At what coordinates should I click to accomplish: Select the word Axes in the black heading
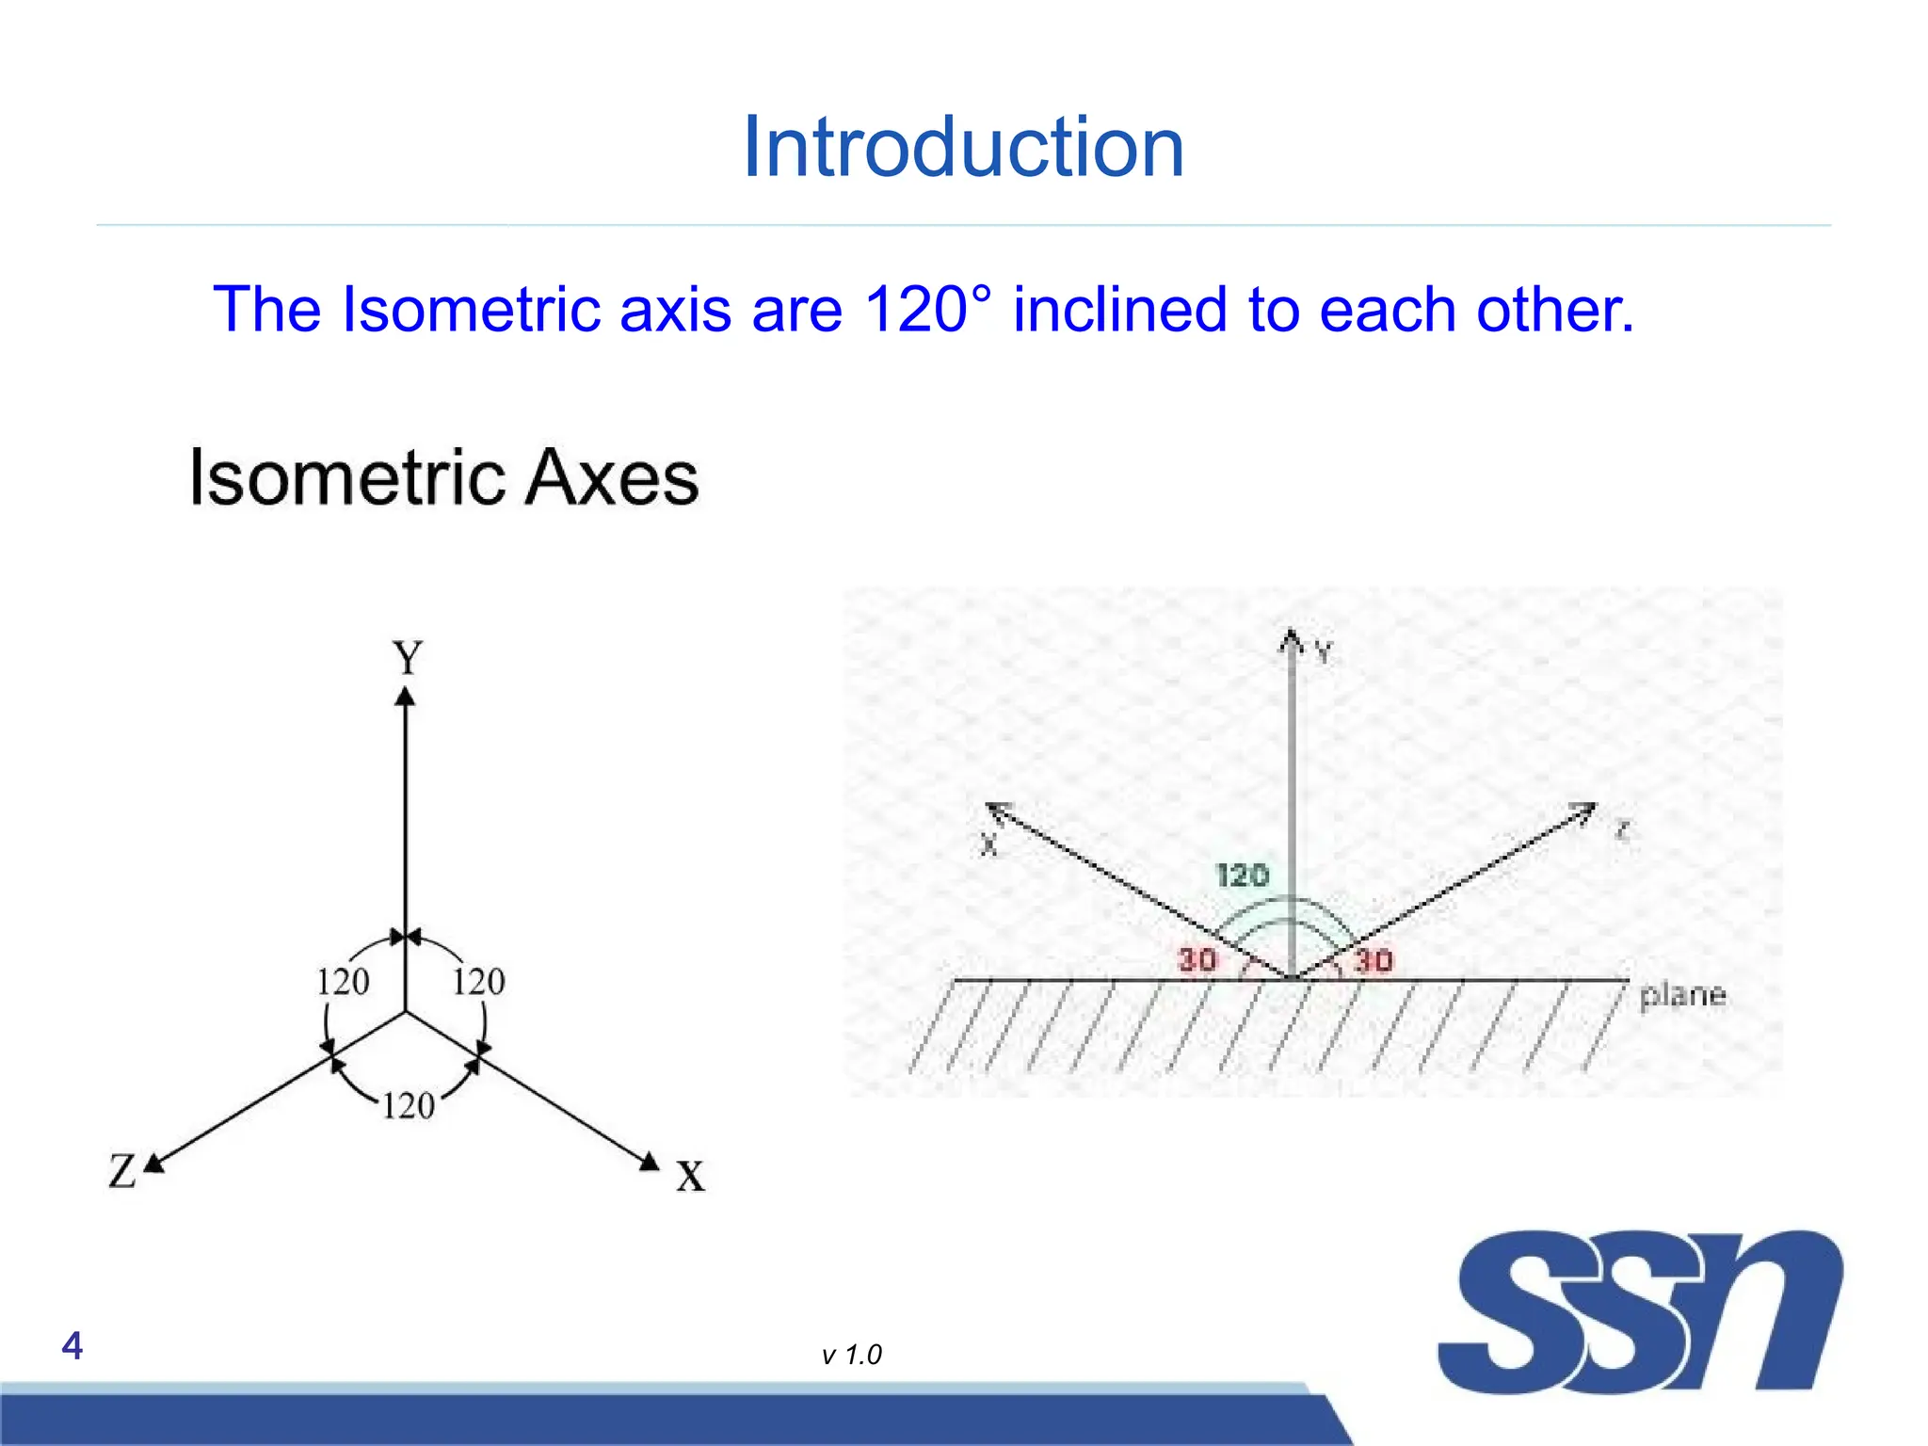[611, 477]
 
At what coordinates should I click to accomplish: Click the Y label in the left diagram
[407, 657]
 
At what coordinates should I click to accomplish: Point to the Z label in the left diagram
[122, 1171]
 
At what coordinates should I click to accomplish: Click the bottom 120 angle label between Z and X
[408, 1105]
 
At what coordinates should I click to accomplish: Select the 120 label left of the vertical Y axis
[342, 982]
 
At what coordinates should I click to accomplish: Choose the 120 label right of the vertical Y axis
[478, 982]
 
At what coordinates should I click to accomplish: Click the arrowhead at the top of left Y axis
[405, 697]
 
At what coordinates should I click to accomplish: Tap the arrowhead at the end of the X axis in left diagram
[650, 1162]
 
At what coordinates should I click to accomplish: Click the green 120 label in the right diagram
[1243, 876]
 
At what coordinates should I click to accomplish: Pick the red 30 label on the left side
[1197, 960]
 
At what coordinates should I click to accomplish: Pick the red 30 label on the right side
[1373, 961]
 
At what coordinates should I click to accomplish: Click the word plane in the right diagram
[1682, 995]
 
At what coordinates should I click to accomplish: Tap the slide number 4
[72, 1346]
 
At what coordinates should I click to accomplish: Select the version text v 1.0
[851, 1355]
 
